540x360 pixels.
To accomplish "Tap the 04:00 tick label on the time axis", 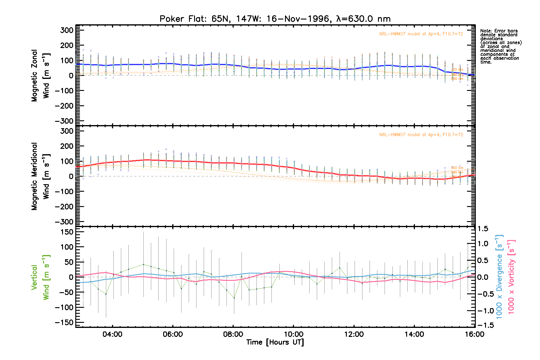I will [x=112, y=334].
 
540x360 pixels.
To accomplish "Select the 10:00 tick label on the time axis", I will [x=293, y=334].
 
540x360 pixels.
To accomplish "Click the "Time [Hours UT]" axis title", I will [x=275, y=342].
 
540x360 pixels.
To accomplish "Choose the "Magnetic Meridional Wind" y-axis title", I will [x=40, y=176].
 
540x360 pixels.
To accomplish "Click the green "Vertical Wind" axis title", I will [x=40, y=277].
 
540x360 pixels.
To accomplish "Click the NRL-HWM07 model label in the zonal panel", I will [x=421, y=34].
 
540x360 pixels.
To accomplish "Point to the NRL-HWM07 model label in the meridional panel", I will [x=421, y=135].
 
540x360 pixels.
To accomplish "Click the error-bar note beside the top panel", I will [x=501, y=46].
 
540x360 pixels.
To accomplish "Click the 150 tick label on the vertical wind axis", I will [x=67, y=232].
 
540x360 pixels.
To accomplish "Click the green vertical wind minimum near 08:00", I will [x=234, y=298].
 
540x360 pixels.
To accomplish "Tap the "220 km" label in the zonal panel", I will [x=457, y=70].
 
